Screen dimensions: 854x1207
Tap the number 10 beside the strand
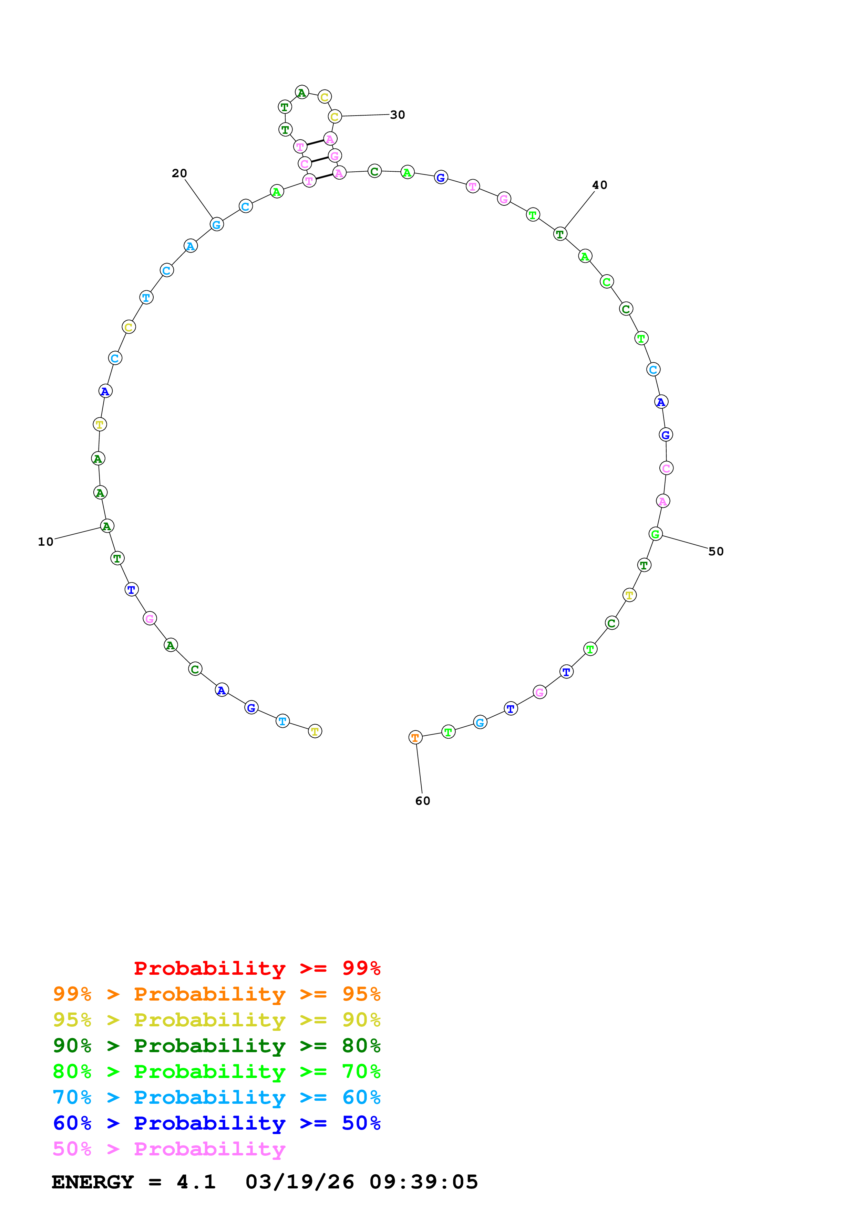click(x=46, y=542)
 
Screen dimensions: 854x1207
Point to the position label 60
click(x=423, y=801)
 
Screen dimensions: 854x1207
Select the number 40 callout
click(x=599, y=185)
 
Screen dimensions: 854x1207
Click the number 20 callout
click(x=179, y=173)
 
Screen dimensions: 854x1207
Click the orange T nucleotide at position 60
click(x=415, y=738)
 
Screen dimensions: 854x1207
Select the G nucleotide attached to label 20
click(x=216, y=224)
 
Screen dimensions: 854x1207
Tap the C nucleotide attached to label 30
click(x=335, y=116)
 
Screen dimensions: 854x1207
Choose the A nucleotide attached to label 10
click(x=107, y=526)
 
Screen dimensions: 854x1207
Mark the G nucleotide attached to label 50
click(x=655, y=534)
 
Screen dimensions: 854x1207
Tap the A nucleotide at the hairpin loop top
click(x=301, y=93)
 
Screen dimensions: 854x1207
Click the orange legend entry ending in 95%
click(x=216, y=994)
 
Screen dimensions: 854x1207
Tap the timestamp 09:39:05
click(x=424, y=1182)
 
